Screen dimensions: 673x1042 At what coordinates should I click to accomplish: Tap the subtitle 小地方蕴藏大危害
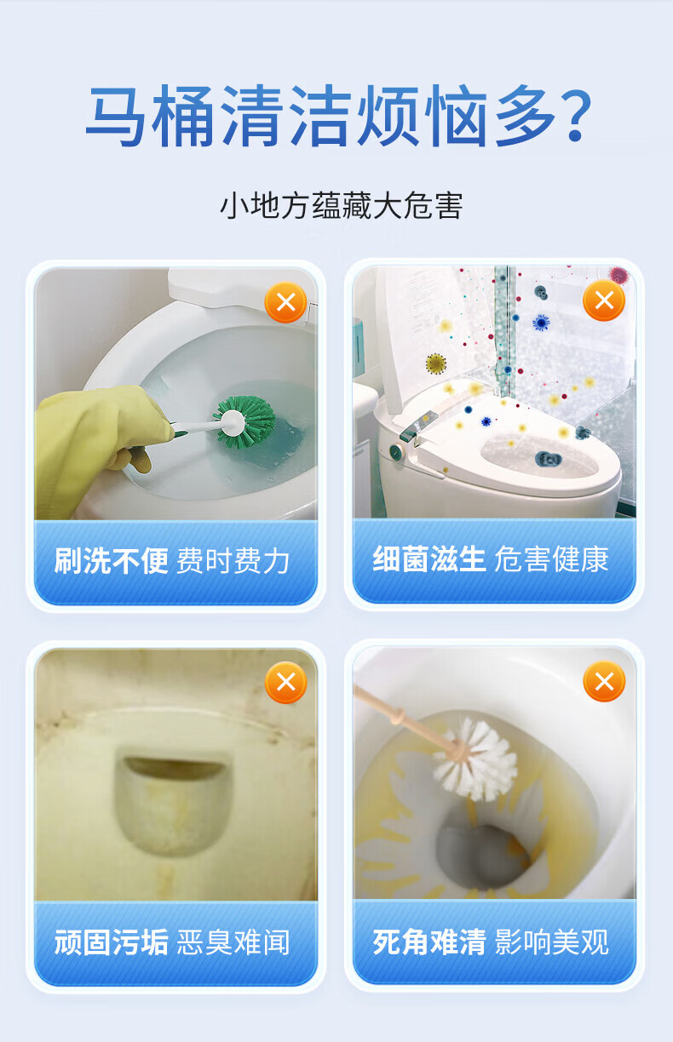coord(341,206)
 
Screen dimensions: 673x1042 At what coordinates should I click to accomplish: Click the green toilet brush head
coord(245,422)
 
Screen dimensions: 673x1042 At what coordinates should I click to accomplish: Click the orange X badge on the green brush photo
coord(285,302)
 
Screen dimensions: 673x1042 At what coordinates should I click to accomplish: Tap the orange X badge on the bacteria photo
coord(604,301)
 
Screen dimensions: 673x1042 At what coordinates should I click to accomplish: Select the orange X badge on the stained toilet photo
coord(285,683)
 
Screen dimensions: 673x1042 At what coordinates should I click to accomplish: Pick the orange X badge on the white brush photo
coord(604,682)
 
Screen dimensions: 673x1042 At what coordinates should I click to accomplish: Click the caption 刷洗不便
coord(111,560)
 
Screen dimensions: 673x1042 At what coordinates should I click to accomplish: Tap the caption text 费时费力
coord(233,561)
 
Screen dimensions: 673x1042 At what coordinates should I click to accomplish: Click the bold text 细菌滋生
coord(429,558)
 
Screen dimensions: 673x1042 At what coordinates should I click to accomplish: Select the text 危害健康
coord(551,559)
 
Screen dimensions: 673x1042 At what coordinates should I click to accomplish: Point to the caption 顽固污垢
coord(111,941)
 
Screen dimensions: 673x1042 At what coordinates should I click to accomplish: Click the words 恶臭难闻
coord(233,942)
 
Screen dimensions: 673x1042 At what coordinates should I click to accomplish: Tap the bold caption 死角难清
coord(429,940)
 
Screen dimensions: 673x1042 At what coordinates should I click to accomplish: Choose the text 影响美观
coord(551,941)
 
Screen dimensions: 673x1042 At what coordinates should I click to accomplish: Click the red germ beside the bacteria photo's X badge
coord(619,275)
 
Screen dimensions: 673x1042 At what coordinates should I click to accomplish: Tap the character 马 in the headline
coord(117,116)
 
